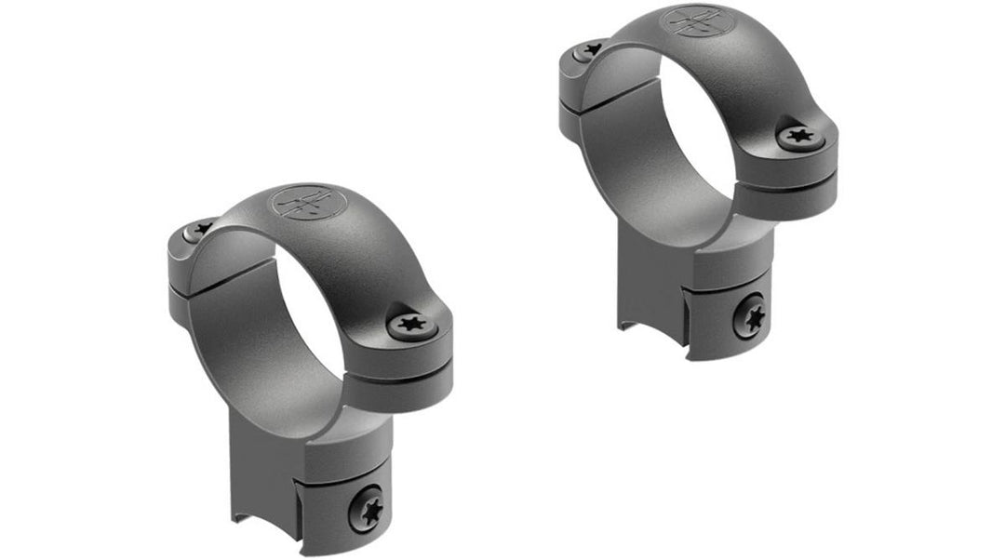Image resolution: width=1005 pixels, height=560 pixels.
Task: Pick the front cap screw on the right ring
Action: [799, 138]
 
